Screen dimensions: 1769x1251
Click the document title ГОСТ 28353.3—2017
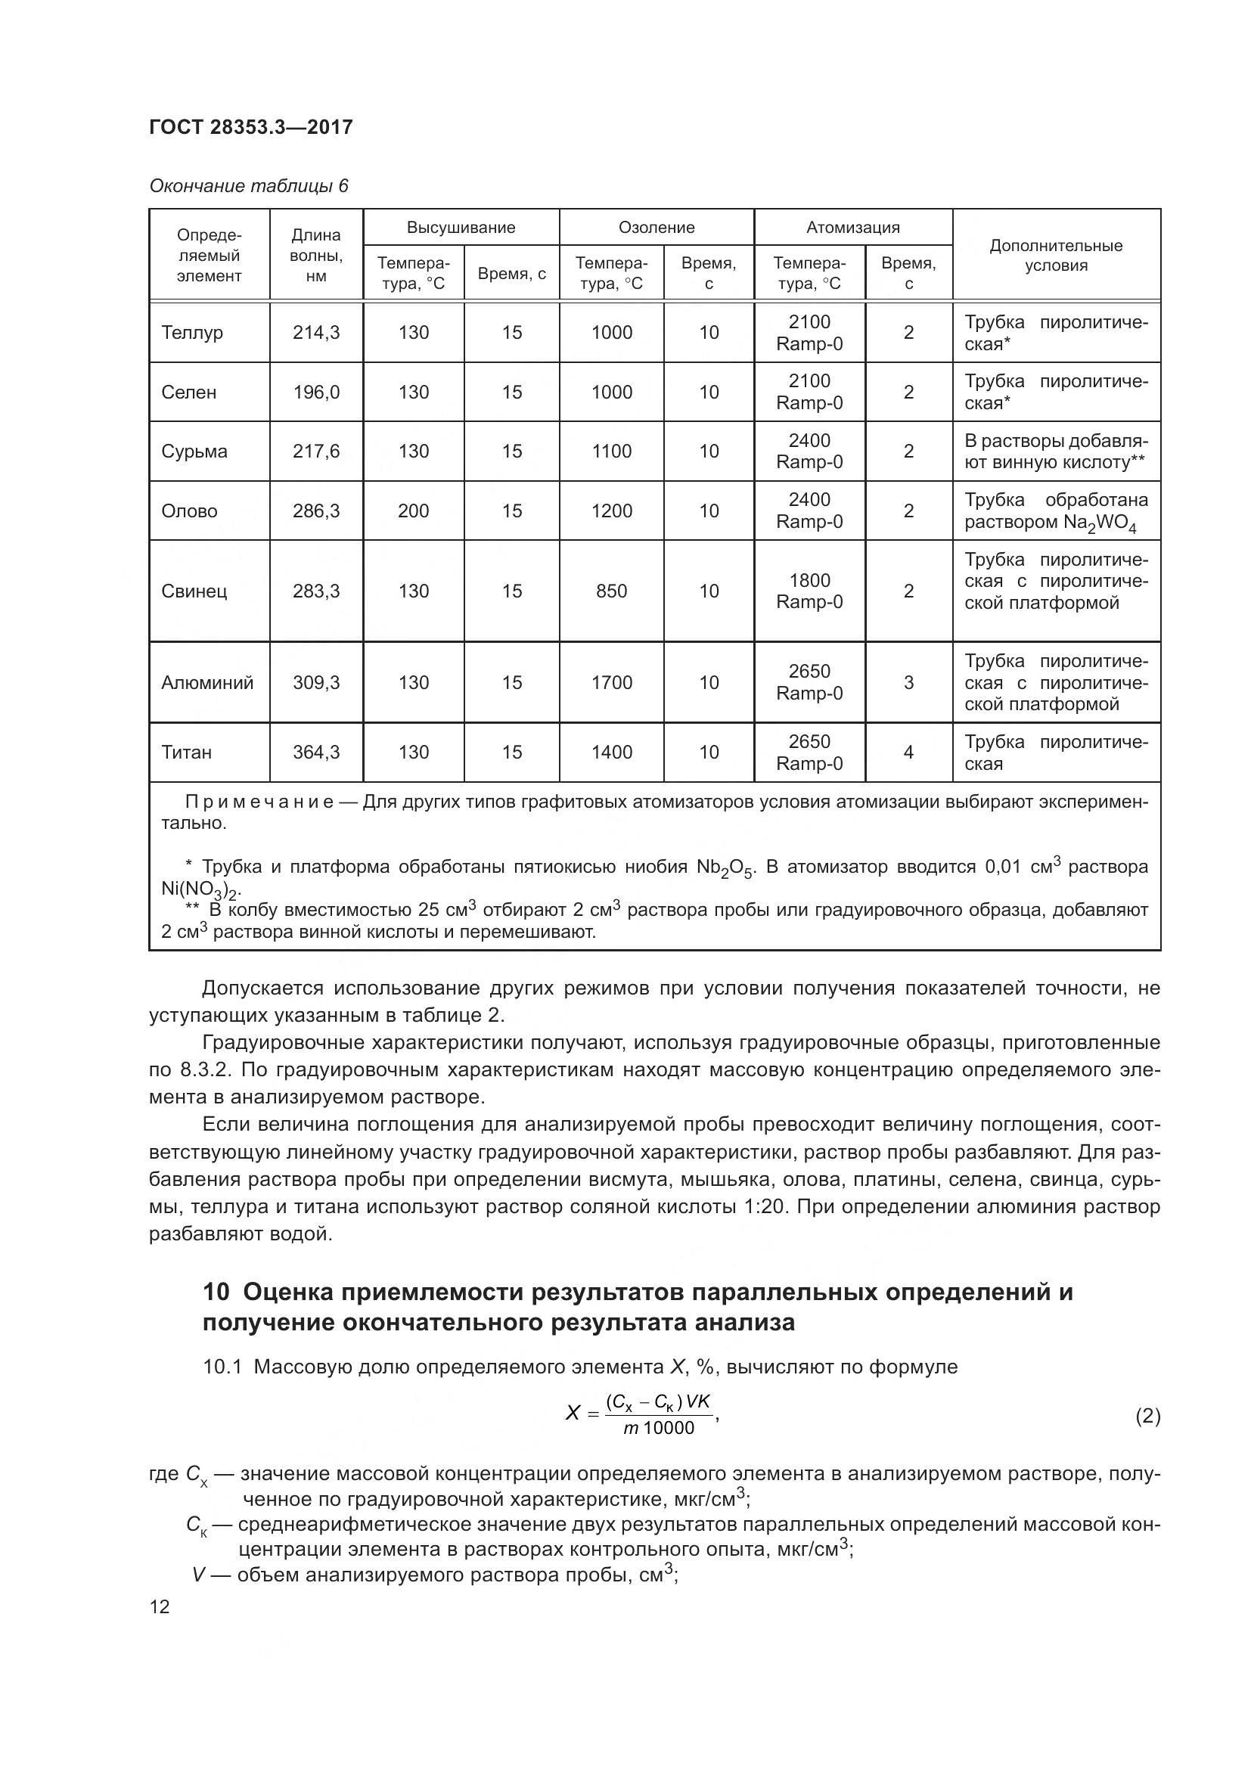pyautogui.click(x=251, y=127)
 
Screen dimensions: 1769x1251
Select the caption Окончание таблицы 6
pyautogui.click(x=249, y=186)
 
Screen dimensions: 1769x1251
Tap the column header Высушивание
pyautogui.click(x=461, y=228)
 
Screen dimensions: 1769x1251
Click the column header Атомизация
pyautogui.click(x=852, y=228)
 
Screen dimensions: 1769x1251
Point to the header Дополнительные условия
pyautogui.click(x=1055, y=255)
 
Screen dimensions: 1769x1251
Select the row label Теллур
pyautogui.click(x=192, y=332)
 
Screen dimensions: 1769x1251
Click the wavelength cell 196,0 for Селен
pyautogui.click(x=316, y=393)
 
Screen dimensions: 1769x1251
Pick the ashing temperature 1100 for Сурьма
pyautogui.click(x=611, y=451)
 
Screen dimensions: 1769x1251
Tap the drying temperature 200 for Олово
pyautogui.click(x=413, y=511)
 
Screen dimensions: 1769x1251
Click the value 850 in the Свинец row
pyautogui.click(x=611, y=591)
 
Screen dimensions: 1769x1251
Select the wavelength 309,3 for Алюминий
pyautogui.click(x=316, y=682)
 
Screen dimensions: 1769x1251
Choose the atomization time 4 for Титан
pyautogui.click(x=908, y=752)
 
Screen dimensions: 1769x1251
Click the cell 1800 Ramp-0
pyautogui.click(x=809, y=591)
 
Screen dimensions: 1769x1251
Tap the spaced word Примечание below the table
pyautogui.click(x=259, y=802)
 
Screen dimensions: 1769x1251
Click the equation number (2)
pyautogui.click(x=1147, y=1416)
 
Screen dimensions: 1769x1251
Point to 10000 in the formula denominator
pyautogui.click(x=669, y=1429)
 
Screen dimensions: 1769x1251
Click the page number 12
pyautogui.click(x=160, y=1607)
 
